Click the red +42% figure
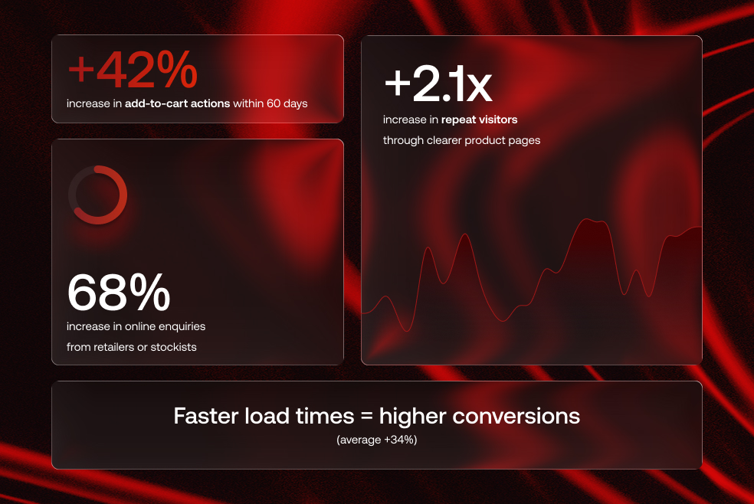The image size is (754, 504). (x=133, y=71)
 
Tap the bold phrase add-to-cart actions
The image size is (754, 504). (x=178, y=103)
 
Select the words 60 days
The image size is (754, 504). (x=287, y=103)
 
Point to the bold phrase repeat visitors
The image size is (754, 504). (x=479, y=119)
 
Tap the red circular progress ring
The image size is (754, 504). (x=97, y=195)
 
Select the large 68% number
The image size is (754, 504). (x=119, y=293)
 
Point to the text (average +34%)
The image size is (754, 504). (x=376, y=440)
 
